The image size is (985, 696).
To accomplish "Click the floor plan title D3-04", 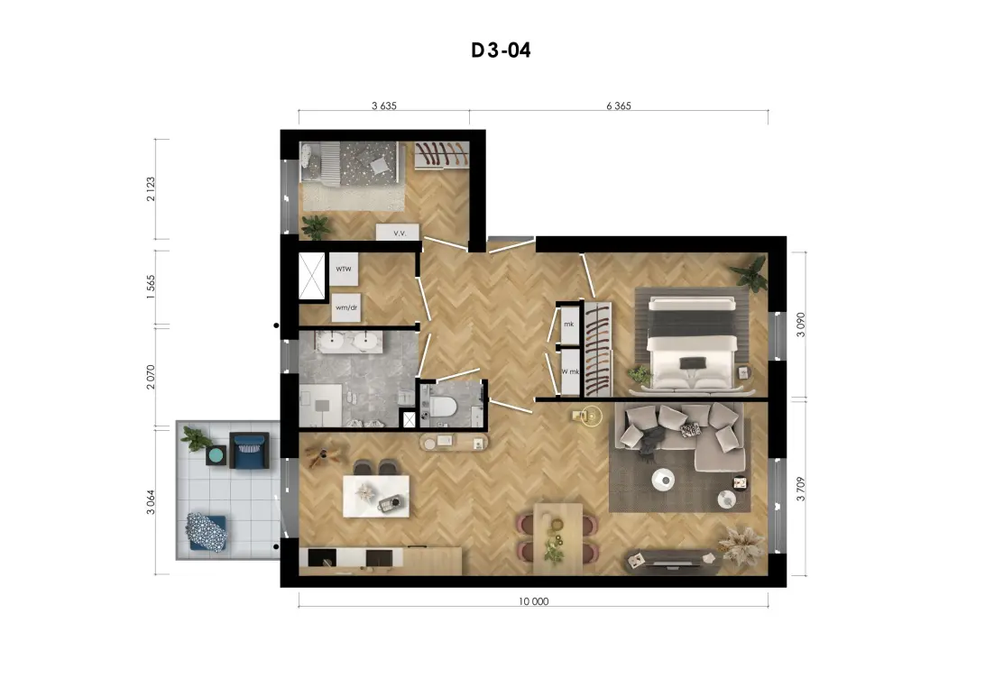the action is click(x=501, y=50).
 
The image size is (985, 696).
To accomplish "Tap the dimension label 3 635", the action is click(x=384, y=106).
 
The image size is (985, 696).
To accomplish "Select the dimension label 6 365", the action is click(x=618, y=106).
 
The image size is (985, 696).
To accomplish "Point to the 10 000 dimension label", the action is click(x=533, y=601).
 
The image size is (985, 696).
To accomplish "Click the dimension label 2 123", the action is click(x=150, y=189).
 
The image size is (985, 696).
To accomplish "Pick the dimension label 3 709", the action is click(x=800, y=489).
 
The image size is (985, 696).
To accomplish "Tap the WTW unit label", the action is click(x=343, y=270).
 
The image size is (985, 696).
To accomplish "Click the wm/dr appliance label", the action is click(x=346, y=307).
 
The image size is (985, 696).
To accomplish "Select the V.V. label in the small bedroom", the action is click(x=400, y=234).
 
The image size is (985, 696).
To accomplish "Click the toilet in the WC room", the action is click(x=443, y=406).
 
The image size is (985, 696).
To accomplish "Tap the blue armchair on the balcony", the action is click(x=249, y=450).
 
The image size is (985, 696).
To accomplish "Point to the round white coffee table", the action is click(x=663, y=481).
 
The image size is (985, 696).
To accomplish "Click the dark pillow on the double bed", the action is click(x=692, y=362).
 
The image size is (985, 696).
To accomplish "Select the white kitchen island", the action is click(x=375, y=496).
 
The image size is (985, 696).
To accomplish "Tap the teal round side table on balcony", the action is click(x=216, y=454).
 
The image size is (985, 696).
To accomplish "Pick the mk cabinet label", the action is click(x=568, y=325).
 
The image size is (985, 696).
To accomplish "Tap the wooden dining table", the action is click(x=557, y=538).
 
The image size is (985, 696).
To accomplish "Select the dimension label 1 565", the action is click(x=150, y=288).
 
